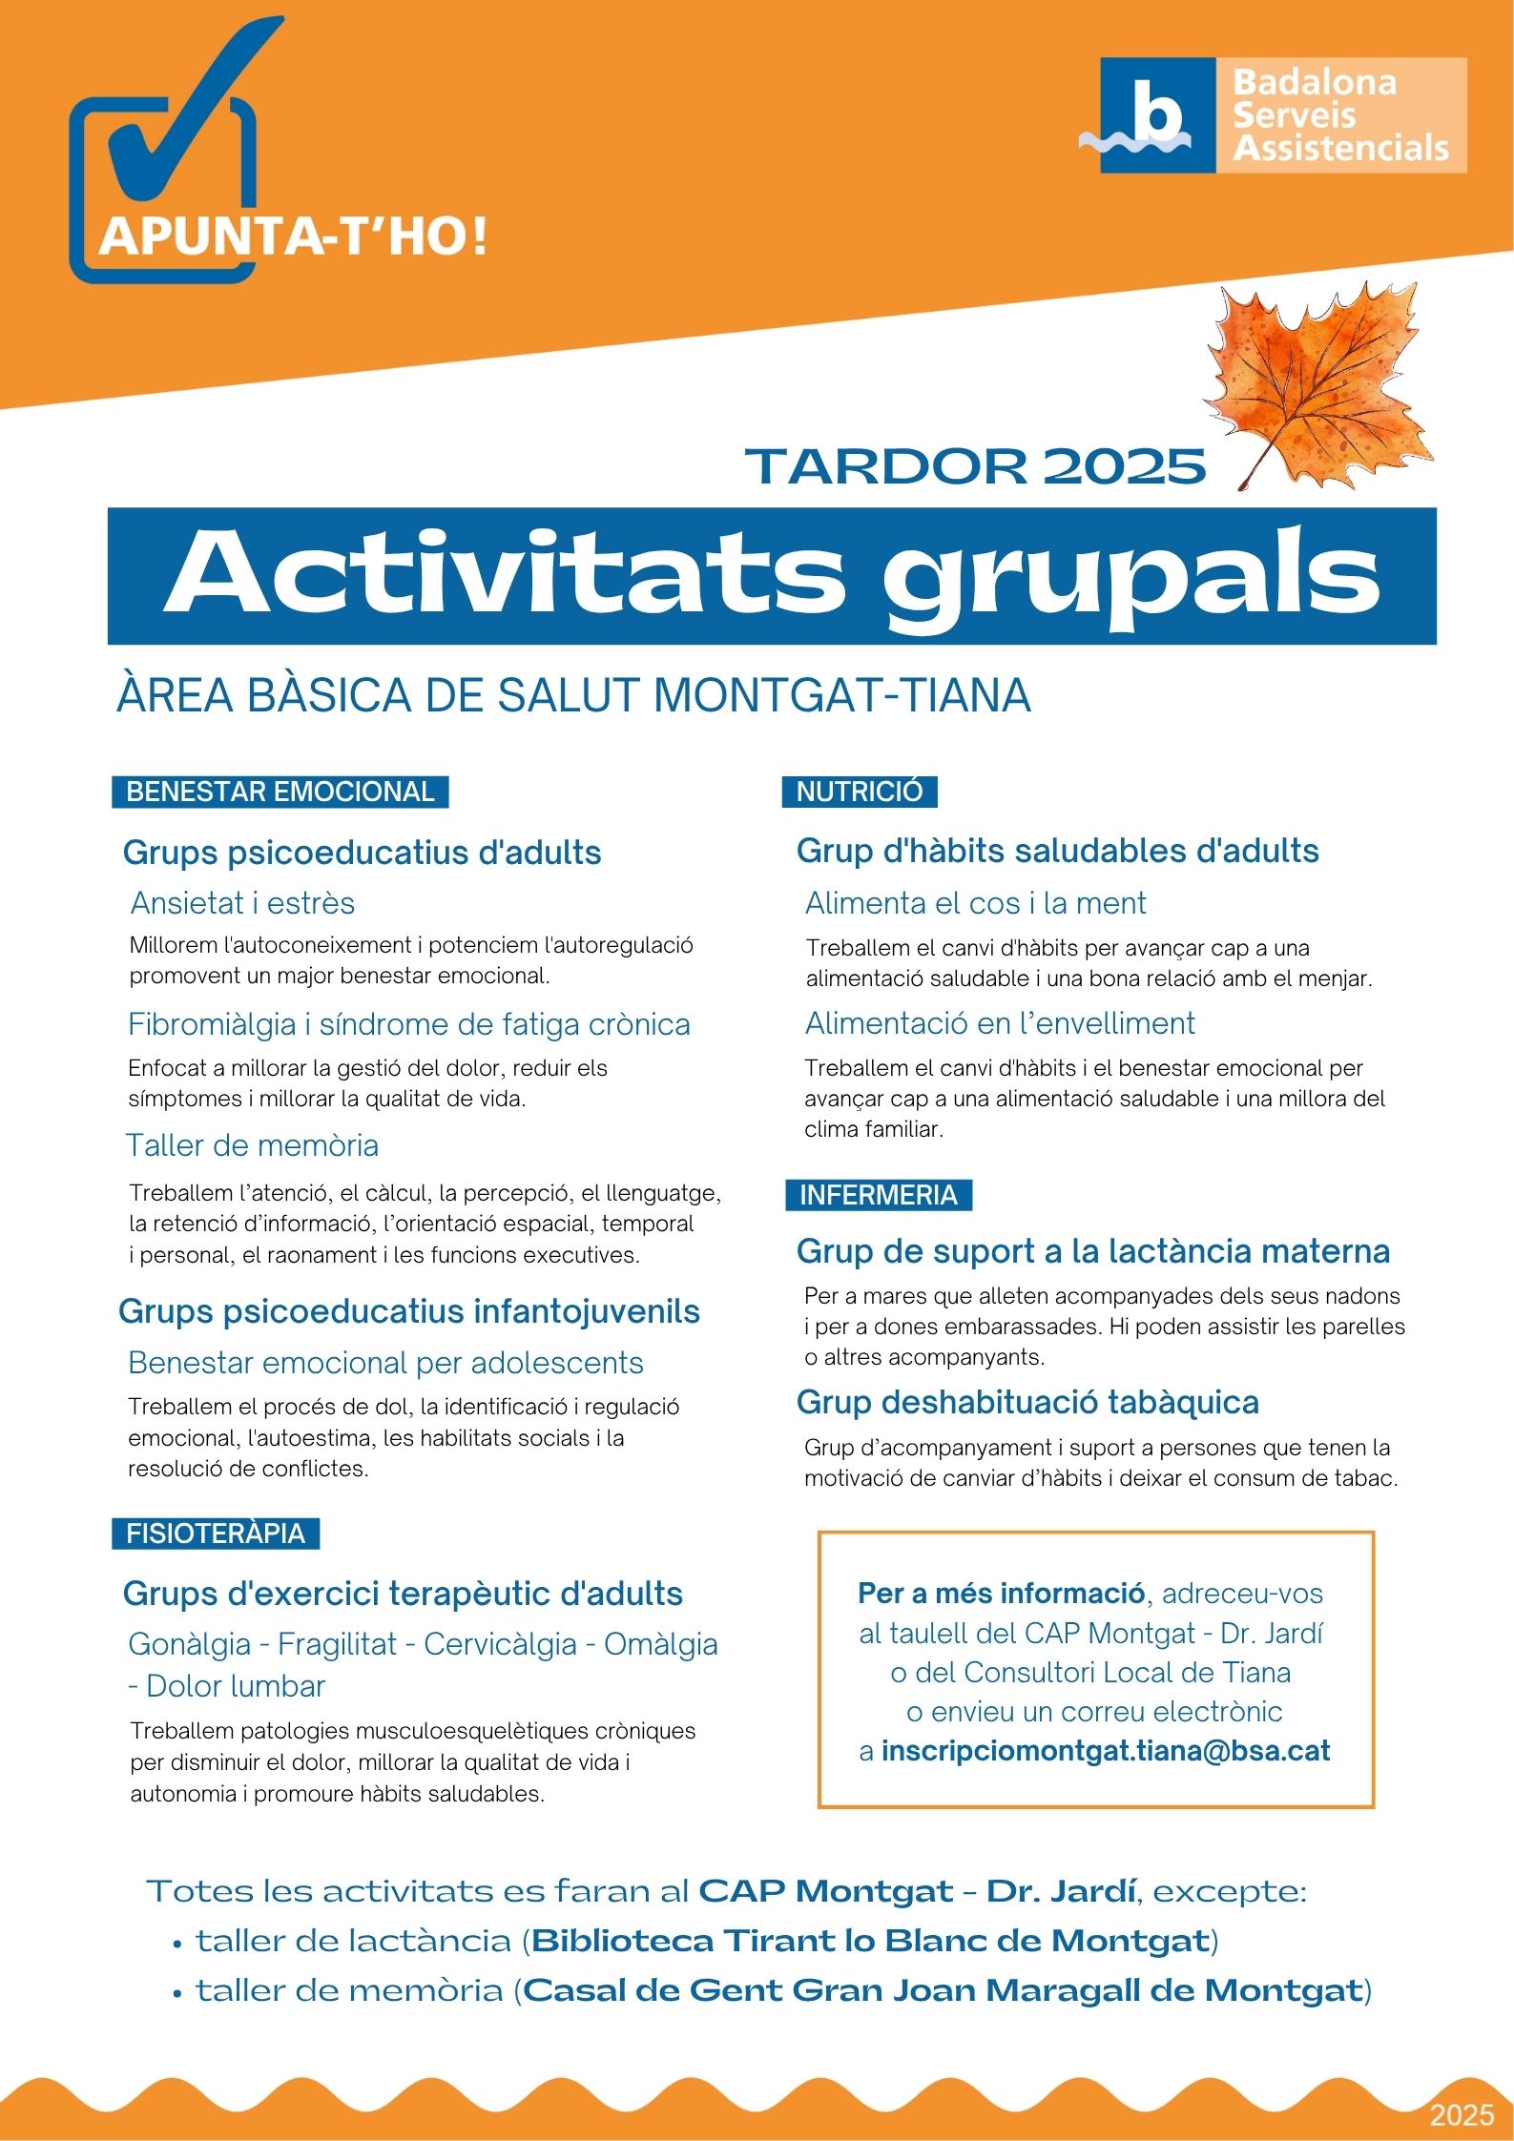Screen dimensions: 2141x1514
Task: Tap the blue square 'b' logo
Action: [x=1157, y=115]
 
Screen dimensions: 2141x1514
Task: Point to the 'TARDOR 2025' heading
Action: [x=975, y=466]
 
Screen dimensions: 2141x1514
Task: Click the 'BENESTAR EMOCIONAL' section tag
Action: [x=280, y=792]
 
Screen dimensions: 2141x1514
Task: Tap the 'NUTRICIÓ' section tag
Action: [x=859, y=792]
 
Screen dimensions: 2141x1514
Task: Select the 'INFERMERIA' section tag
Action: [x=878, y=1195]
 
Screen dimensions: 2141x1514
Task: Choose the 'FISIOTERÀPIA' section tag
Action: [x=216, y=1534]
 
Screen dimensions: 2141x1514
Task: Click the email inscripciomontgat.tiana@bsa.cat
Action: [x=1105, y=1751]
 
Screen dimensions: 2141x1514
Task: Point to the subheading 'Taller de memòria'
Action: [x=253, y=1144]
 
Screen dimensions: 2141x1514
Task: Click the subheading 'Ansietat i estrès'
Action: [x=242, y=902]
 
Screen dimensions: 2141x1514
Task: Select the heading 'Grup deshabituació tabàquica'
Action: [x=1027, y=1402]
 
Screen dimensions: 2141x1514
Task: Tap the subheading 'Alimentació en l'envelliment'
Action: [x=999, y=1023]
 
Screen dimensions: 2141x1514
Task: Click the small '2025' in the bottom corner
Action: [x=1462, y=2115]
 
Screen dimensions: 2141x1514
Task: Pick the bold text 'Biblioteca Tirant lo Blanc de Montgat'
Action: [x=871, y=1941]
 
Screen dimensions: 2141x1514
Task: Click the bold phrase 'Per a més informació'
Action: [x=1001, y=1594]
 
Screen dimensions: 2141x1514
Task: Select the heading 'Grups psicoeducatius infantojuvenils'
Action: [x=409, y=1311]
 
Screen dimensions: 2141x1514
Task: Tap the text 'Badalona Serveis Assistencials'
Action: [x=1339, y=115]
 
